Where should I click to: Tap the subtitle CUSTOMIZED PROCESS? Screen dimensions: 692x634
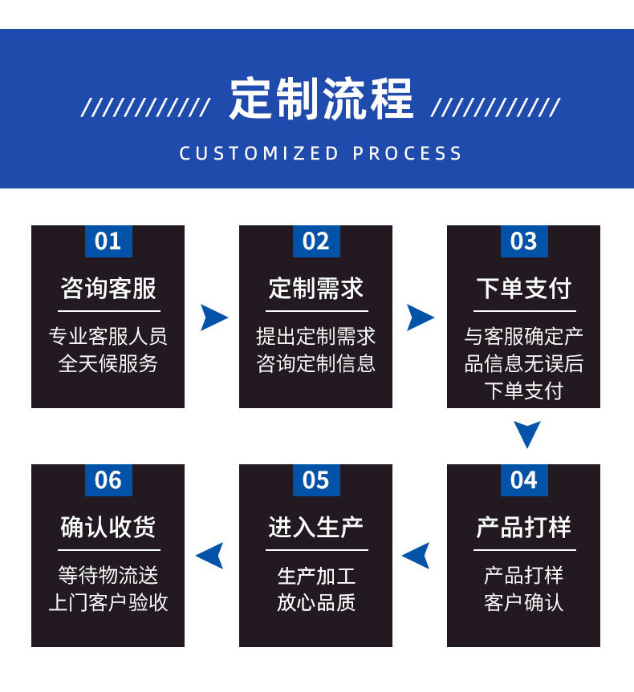321,153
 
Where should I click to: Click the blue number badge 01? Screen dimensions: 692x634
108,241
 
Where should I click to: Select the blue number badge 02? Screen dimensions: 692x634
315,241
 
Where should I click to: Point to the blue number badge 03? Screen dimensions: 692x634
523,241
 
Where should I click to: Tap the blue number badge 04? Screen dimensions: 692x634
523,480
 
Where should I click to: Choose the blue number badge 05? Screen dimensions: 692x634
315,480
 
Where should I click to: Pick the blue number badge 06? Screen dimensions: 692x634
108,480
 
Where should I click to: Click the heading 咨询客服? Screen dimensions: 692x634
108,288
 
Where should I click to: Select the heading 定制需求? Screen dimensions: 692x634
315,288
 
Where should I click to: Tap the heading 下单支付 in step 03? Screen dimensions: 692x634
523,288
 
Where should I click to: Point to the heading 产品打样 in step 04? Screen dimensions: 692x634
523,527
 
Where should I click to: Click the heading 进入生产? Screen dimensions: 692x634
315,527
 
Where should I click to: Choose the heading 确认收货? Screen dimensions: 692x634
108,527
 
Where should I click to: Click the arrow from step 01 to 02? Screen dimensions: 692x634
213,318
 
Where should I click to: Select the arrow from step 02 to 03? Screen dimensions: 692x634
420,318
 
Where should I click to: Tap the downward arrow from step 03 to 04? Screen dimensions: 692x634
527,435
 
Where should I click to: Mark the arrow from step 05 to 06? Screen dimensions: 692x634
210,555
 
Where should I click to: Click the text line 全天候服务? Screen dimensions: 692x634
108,363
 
